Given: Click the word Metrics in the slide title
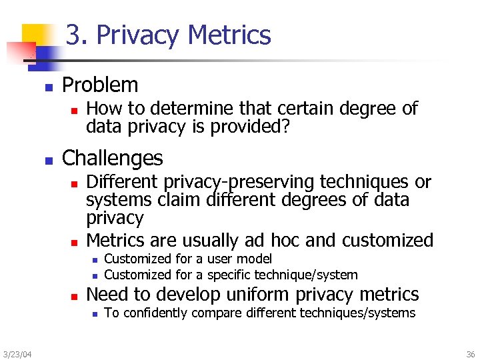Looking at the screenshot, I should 231,35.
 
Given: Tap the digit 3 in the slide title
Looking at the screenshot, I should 74,35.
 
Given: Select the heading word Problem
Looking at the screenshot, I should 100,85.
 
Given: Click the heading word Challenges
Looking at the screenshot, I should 112,158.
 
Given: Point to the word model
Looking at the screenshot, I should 256,259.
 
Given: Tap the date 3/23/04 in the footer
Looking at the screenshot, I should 17,353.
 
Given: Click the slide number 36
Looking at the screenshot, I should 471,353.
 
